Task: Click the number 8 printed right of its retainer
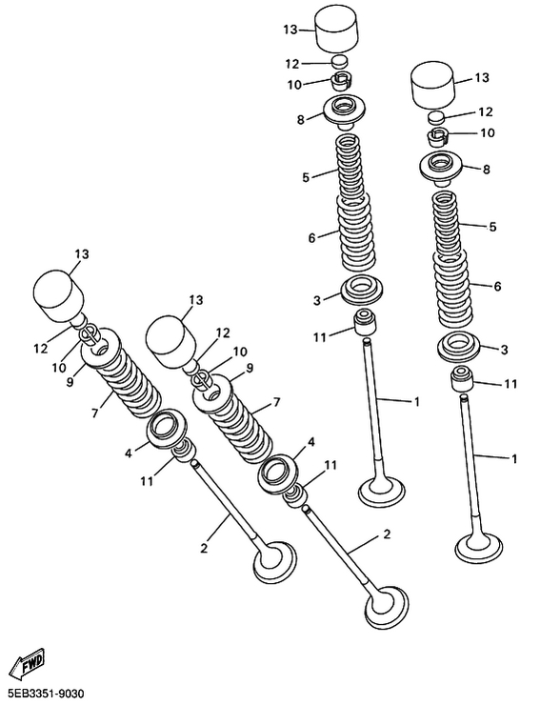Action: click(x=486, y=170)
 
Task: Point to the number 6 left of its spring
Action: click(x=312, y=237)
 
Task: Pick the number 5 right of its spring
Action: click(x=492, y=227)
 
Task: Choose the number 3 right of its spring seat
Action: click(x=504, y=350)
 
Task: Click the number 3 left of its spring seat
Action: click(x=317, y=300)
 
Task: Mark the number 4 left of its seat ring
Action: click(x=129, y=453)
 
